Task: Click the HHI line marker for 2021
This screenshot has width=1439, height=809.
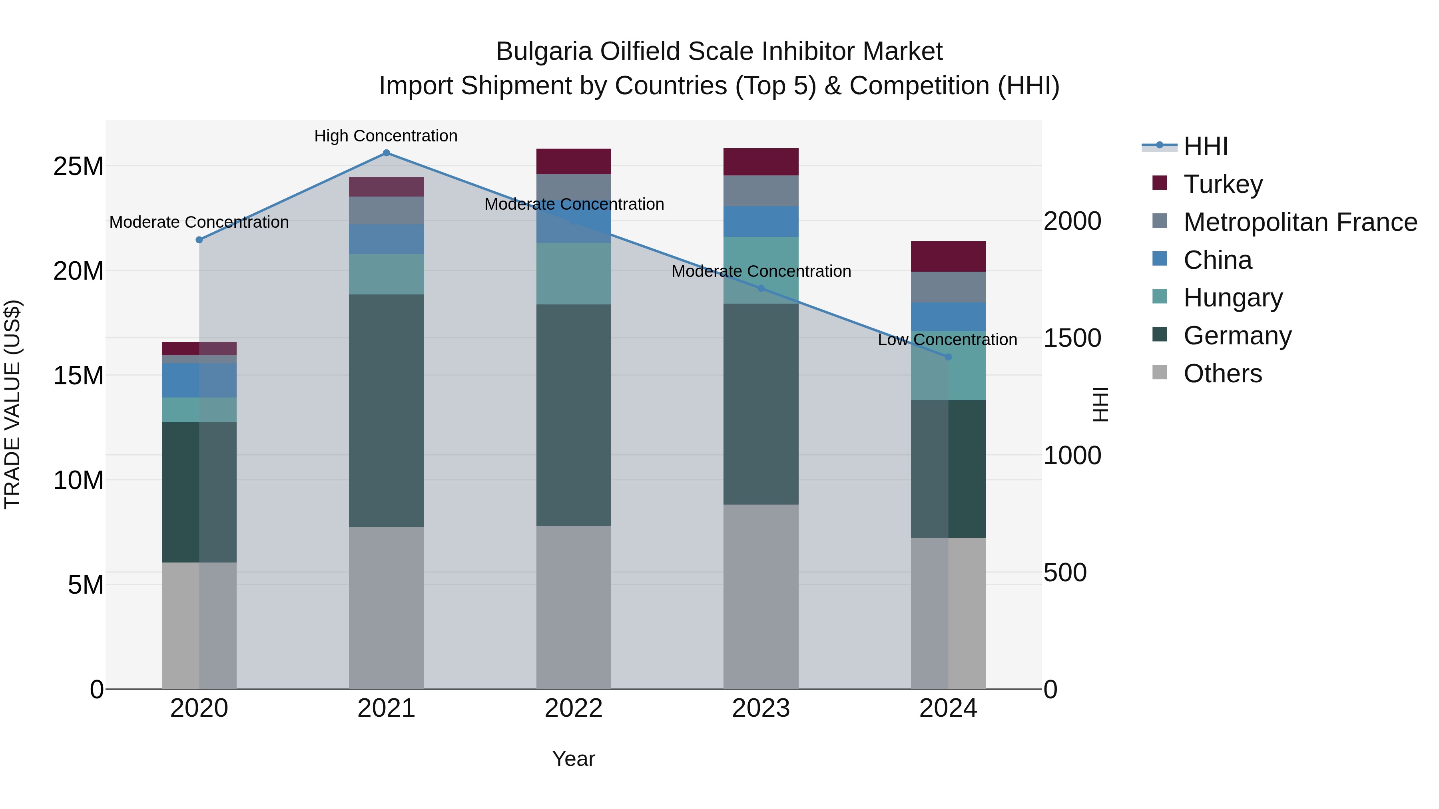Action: click(386, 153)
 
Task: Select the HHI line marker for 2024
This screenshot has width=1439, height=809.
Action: click(948, 357)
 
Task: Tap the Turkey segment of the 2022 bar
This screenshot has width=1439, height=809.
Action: click(574, 161)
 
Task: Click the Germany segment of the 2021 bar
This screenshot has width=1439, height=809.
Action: click(386, 410)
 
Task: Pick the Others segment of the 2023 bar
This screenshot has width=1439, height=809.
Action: click(761, 596)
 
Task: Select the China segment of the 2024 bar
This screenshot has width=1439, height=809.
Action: click(948, 316)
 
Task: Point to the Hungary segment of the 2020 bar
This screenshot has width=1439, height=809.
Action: click(199, 410)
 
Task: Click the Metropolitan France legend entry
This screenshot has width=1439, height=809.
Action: click(1300, 222)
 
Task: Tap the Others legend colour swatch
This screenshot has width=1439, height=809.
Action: click(1160, 372)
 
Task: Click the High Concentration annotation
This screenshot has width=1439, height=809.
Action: click(386, 136)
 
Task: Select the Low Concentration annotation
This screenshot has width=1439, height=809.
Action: click(947, 340)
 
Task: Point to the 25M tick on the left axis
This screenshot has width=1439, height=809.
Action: click(79, 166)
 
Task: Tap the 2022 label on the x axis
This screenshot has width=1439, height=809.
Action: click(574, 708)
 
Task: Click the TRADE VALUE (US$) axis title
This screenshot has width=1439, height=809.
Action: click(13, 404)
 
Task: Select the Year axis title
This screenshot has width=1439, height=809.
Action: click(574, 759)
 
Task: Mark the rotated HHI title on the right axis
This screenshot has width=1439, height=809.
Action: click(1100, 404)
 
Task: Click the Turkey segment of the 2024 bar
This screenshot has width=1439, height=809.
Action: click(948, 256)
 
